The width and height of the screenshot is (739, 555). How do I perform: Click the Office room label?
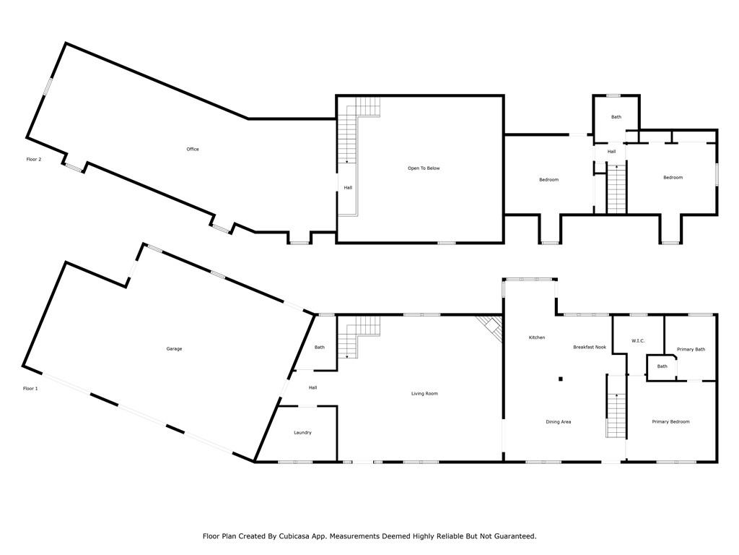coord(193,149)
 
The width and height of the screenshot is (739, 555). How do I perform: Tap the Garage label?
coord(174,349)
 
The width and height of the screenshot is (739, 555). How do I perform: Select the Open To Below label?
coord(424,168)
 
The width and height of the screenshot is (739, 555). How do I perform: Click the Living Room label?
coord(424,394)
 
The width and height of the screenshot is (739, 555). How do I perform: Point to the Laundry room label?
coord(302,433)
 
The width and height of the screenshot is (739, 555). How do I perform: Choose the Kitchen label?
coord(537,337)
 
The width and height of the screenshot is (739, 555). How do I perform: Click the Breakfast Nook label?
coord(590,348)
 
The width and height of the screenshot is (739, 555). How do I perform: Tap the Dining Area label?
coord(559,422)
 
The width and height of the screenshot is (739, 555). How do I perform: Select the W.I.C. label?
coord(638,341)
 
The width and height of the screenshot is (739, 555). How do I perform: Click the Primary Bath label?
coord(691,349)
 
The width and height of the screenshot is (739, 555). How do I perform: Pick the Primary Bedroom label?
coord(670,422)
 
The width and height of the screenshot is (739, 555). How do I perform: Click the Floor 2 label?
coord(34,160)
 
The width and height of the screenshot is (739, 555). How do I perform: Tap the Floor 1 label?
coord(30,389)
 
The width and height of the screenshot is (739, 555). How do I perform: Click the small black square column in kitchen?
coord(561,379)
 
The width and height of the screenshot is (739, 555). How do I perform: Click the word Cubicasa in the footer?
coord(293,536)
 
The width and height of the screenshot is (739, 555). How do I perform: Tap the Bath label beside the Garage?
coord(320,348)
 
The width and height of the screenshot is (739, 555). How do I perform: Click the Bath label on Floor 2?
coord(616,117)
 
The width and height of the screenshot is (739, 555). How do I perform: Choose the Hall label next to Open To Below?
coord(348,188)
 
